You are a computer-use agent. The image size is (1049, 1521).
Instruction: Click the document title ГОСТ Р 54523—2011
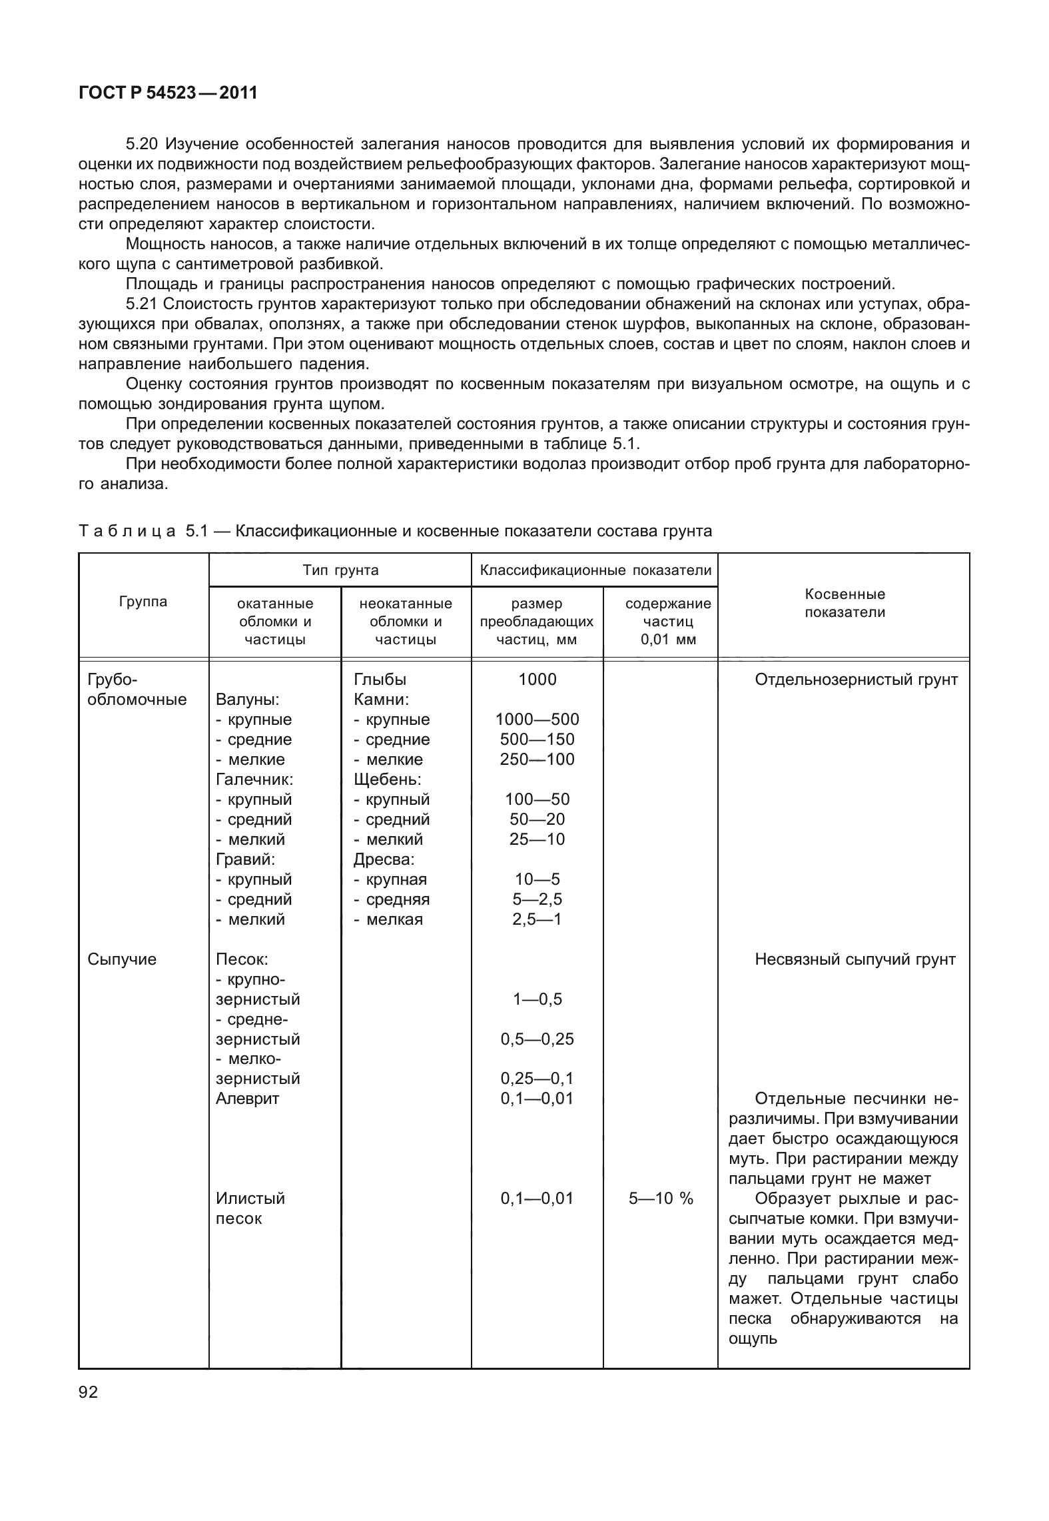coord(168,93)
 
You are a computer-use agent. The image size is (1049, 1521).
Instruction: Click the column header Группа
coord(143,602)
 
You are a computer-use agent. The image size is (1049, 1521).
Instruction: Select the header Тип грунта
coord(340,570)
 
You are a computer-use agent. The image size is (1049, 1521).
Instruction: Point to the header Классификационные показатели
coord(595,570)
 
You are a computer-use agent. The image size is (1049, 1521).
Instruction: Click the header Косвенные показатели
coord(845,603)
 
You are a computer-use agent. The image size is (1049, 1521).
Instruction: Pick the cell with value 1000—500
coord(537,719)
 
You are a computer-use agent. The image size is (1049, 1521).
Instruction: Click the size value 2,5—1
coord(537,919)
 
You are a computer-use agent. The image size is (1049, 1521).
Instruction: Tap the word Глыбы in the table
coord(380,680)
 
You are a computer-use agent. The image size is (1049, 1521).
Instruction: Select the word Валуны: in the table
coord(248,700)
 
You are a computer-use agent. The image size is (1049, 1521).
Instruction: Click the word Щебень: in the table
coord(388,779)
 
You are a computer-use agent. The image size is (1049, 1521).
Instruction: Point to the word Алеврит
coord(248,1098)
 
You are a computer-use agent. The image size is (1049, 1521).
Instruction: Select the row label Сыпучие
coord(122,959)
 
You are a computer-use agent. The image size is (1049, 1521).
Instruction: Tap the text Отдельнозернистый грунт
coord(857,680)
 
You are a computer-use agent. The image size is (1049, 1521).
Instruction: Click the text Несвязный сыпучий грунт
coord(855,959)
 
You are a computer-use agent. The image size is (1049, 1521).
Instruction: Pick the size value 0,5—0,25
coord(537,1039)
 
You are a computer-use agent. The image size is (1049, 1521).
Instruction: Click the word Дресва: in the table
coord(384,859)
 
